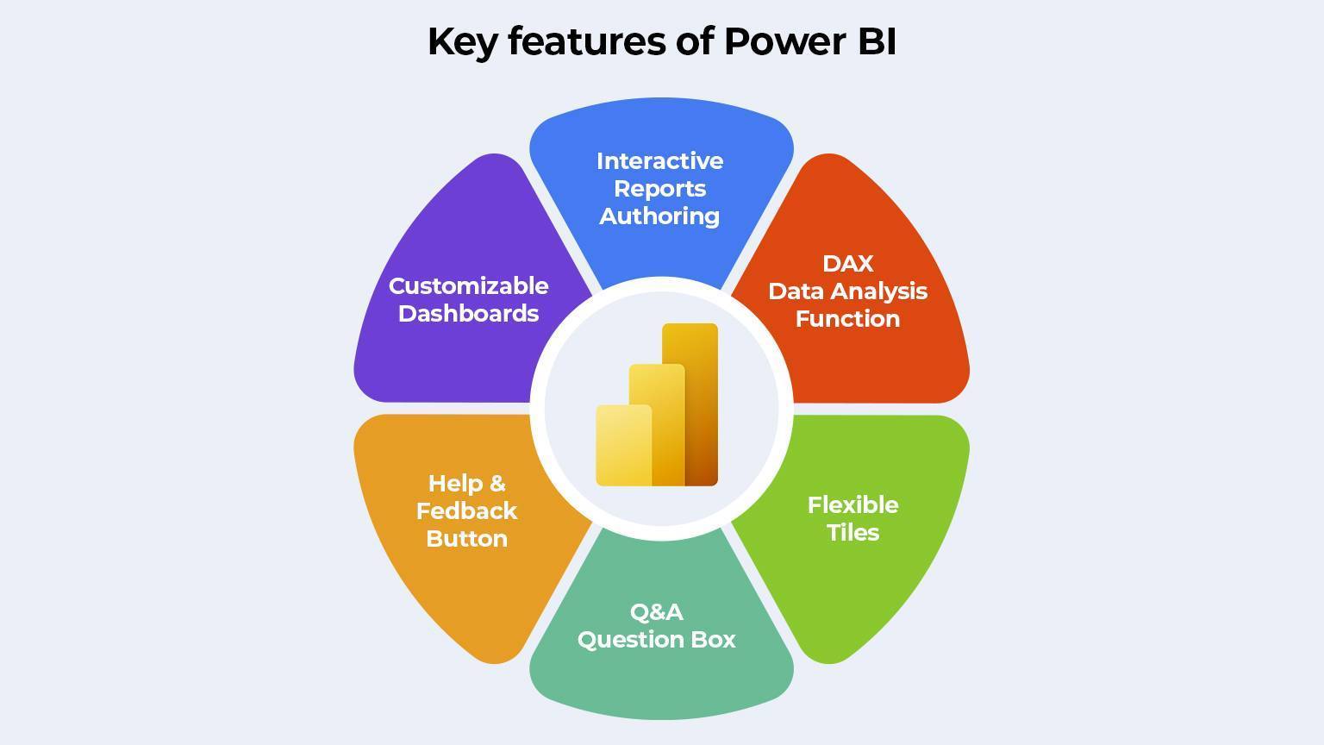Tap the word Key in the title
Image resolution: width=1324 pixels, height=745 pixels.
[x=462, y=41]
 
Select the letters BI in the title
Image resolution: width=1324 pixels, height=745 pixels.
[x=877, y=41]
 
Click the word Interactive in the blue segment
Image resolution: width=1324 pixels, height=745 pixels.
[x=659, y=161]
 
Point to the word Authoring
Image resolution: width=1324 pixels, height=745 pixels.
[x=659, y=216]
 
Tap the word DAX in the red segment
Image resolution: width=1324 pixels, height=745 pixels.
[x=847, y=263]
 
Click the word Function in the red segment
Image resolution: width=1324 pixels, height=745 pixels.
[x=847, y=318]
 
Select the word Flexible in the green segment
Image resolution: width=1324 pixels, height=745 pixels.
[x=852, y=504]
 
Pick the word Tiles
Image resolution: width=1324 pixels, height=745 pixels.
[x=852, y=532]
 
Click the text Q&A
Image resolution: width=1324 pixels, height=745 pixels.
[x=656, y=611]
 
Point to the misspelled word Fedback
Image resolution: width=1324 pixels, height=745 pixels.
[x=466, y=510]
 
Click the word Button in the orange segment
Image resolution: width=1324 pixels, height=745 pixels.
[x=466, y=538]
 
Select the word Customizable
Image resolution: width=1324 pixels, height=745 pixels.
[x=468, y=285]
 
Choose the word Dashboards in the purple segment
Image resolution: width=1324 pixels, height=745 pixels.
[x=468, y=313]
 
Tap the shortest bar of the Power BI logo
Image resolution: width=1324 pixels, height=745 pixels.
[x=622, y=445]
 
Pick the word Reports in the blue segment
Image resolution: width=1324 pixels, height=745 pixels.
[x=659, y=189]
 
